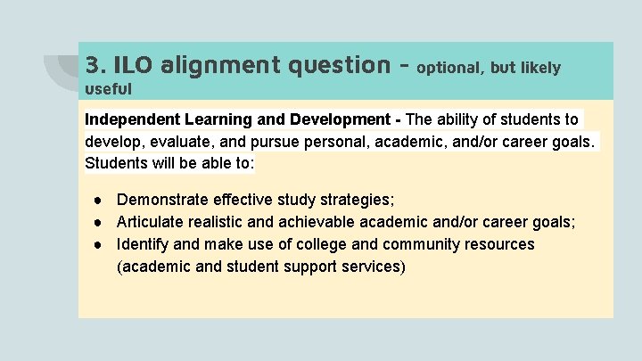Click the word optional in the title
point(449,67)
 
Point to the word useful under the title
point(108,88)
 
